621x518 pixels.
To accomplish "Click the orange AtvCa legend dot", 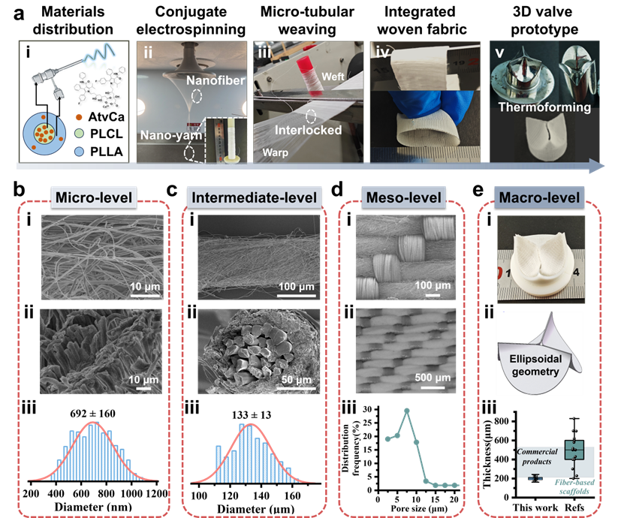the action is pos(79,117).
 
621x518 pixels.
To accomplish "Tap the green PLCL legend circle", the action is pos(79,134).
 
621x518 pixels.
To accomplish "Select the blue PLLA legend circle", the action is pos(79,152).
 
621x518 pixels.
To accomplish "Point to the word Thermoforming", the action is pos(544,107).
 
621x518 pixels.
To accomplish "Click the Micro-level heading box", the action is pos(93,197).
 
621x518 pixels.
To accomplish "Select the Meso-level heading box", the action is pos(403,197).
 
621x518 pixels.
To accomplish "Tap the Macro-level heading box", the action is pos(539,197).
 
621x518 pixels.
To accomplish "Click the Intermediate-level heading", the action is pos(254,197).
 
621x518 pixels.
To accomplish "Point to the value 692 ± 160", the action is pos(92,414).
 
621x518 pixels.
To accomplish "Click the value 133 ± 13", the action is pos(252,415).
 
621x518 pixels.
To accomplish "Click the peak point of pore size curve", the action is pos(407,411).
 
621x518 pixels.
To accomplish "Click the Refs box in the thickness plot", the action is pos(574,450).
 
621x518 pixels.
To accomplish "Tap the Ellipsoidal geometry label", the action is pos(535,365).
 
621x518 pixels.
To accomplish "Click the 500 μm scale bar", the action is pos(433,387).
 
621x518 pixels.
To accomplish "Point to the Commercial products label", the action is pos(537,456).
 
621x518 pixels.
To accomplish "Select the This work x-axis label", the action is pos(535,507).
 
